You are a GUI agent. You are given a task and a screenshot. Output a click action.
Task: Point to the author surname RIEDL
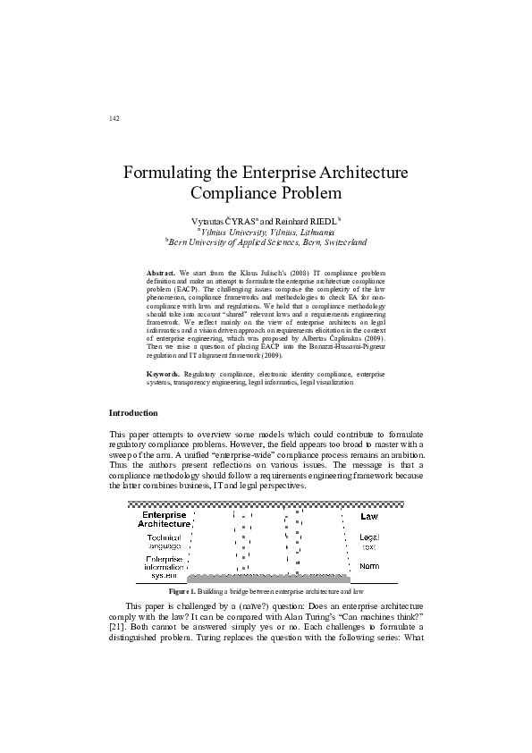click(x=318, y=219)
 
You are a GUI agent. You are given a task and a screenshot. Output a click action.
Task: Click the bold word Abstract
click(x=162, y=269)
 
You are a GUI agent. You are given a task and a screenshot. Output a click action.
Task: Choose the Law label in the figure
click(x=369, y=516)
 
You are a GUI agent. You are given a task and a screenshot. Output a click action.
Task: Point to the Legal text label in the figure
click(x=369, y=541)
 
